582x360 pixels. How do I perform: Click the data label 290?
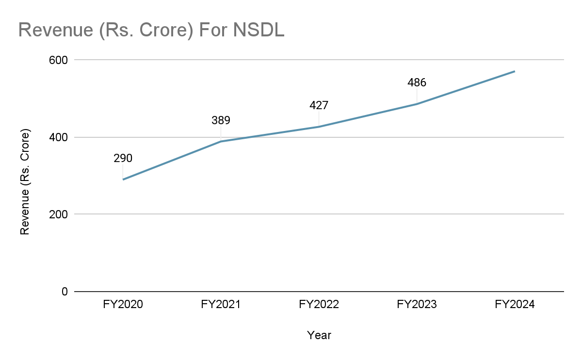tap(123, 158)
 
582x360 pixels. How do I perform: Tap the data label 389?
tap(221, 120)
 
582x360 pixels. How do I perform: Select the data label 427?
tap(319, 105)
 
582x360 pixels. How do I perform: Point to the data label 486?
tap(417, 82)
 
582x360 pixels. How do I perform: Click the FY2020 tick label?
tap(123, 305)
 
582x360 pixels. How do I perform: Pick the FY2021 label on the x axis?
tap(221, 305)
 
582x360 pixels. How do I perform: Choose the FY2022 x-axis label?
tap(319, 305)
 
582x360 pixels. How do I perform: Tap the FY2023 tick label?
tap(417, 305)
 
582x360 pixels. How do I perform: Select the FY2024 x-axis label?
tap(515, 305)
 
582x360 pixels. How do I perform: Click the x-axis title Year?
tap(319, 335)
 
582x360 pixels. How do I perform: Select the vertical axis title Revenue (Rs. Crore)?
tap(25, 182)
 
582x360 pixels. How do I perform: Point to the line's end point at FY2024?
tap(515, 71)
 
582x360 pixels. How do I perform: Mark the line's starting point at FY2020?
tap(123, 180)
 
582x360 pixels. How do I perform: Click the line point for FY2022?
tap(319, 127)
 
